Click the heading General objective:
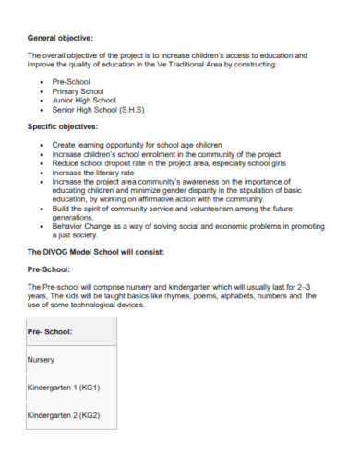[x=61, y=37]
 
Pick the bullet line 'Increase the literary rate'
[x=94, y=173]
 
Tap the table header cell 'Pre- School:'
[x=51, y=329]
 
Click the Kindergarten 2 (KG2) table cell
[x=64, y=416]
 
